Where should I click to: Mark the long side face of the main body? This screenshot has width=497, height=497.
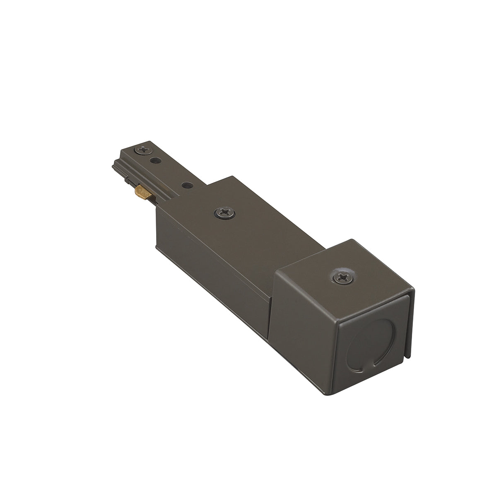[x=215, y=265]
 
